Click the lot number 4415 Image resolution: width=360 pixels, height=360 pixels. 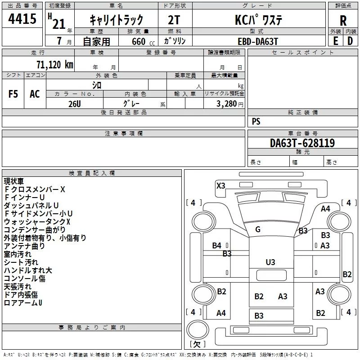[22, 19]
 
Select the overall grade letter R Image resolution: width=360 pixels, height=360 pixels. [343, 21]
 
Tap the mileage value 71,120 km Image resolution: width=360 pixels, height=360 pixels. [55, 64]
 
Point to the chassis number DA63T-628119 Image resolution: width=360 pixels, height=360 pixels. [302, 143]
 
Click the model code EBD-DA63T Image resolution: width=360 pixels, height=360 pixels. [258, 41]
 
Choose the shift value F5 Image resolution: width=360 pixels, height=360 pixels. [13, 94]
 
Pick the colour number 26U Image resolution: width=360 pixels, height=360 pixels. [75, 104]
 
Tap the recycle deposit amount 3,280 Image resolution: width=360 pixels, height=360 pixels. [227, 104]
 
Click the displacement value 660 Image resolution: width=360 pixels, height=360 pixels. [139, 41]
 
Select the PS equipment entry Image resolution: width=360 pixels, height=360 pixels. [256, 121]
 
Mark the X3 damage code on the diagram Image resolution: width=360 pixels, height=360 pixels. [221, 185]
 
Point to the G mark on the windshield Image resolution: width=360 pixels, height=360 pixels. [258, 229]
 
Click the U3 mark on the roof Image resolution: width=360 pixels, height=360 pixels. [270, 262]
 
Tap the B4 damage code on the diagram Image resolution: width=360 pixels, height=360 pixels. [216, 245]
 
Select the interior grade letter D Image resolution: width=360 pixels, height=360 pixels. [350, 41]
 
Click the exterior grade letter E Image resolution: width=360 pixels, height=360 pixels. [335, 41]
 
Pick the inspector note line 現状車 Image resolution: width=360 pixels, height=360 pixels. [13, 181]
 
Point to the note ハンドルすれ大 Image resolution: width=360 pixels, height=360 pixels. [28, 270]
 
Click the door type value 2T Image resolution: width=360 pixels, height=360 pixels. [174, 20]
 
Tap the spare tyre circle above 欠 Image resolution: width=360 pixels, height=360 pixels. [198, 330]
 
